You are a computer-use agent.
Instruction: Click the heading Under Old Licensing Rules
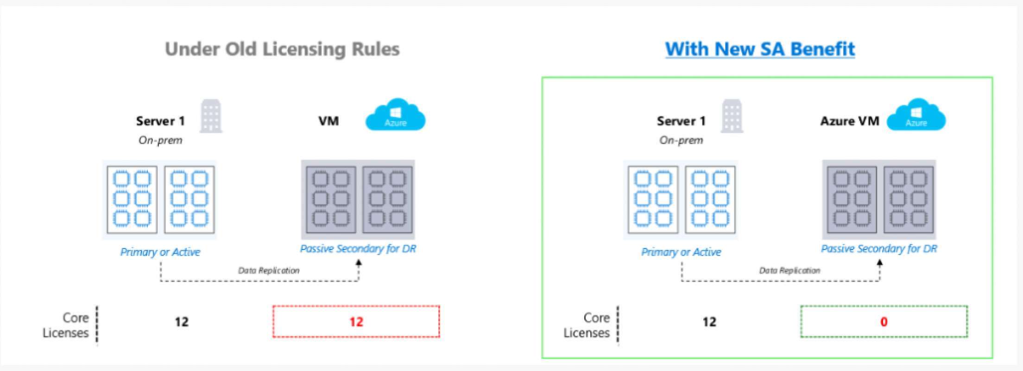click(x=282, y=49)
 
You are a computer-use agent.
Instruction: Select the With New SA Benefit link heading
click(x=760, y=49)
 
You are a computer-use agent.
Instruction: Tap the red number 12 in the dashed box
click(x=356, y=322)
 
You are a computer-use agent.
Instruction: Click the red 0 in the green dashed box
click(x=884, y=322)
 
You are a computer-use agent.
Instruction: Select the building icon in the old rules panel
click(x=211, y=116)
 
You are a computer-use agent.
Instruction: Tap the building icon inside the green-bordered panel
click(x=732, y=116)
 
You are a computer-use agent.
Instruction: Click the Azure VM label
click(x=849, y=122)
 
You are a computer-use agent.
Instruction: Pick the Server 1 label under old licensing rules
click(x=160, y=122)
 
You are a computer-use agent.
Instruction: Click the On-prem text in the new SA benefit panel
click(x=681, y=140)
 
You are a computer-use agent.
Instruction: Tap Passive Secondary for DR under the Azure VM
click(x=879, y=249)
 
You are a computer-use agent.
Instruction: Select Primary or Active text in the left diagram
click(x=160, y=252)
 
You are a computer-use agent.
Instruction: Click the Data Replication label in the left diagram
click(x=269, y=270)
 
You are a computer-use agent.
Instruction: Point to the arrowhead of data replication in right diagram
click(x=880, y=263)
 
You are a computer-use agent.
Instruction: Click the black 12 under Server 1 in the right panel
click(x=709, y=322)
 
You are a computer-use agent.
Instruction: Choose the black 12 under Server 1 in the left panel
click(x=182, y=322)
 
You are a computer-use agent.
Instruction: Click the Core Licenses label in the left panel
click(x=65, y=325)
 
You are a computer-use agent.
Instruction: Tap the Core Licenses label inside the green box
click(x=587, y=325)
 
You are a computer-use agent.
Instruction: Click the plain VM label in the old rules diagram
click(x=328, y=122)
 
